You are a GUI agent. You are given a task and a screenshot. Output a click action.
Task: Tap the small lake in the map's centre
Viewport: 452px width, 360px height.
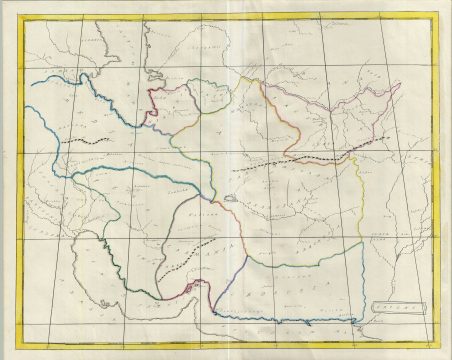coord(231,196)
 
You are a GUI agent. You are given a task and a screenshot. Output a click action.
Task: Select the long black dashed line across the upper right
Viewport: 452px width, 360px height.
coord(290,161)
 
